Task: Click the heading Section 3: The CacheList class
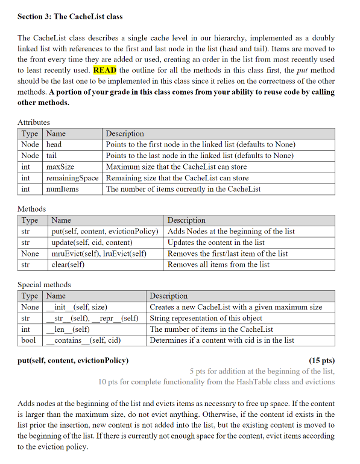(70, 16)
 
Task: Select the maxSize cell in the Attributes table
(60, 167)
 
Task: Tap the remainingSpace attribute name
(72, 178)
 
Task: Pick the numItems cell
(63, 189)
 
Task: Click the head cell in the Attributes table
(54, 145)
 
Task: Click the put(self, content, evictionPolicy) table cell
(105, 231)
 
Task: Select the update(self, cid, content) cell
(92, 243)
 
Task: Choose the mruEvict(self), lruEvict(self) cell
(99, 253)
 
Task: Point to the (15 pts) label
(321, 361)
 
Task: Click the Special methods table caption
(44, 285)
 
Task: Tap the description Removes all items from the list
(218, 264)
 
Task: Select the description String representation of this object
(206, 318)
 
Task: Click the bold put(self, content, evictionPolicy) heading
(72, 361)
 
